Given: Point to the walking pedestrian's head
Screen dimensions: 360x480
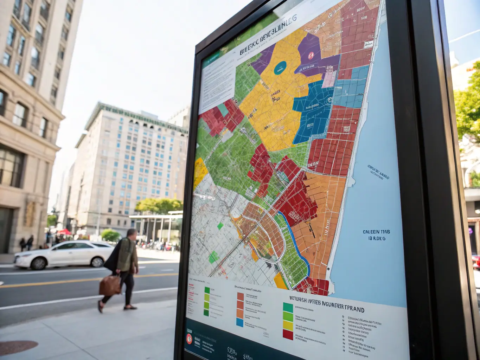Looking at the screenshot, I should (132, 233).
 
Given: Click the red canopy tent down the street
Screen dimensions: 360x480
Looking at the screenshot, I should (64, 232).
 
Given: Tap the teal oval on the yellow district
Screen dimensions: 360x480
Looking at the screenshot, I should (280, 68).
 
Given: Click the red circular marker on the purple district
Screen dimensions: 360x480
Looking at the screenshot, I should (311, 55).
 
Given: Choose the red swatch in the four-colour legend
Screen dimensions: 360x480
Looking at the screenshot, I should (288, 334).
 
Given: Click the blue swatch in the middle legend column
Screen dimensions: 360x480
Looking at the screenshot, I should (240, 322).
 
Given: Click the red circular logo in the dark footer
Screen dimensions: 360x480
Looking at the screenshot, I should (189, 339).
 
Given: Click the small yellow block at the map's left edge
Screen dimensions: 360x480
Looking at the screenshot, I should (200, 172).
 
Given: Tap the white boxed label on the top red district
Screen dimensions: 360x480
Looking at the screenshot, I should (368, 44).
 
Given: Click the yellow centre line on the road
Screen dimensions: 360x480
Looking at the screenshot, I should (70, 281).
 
